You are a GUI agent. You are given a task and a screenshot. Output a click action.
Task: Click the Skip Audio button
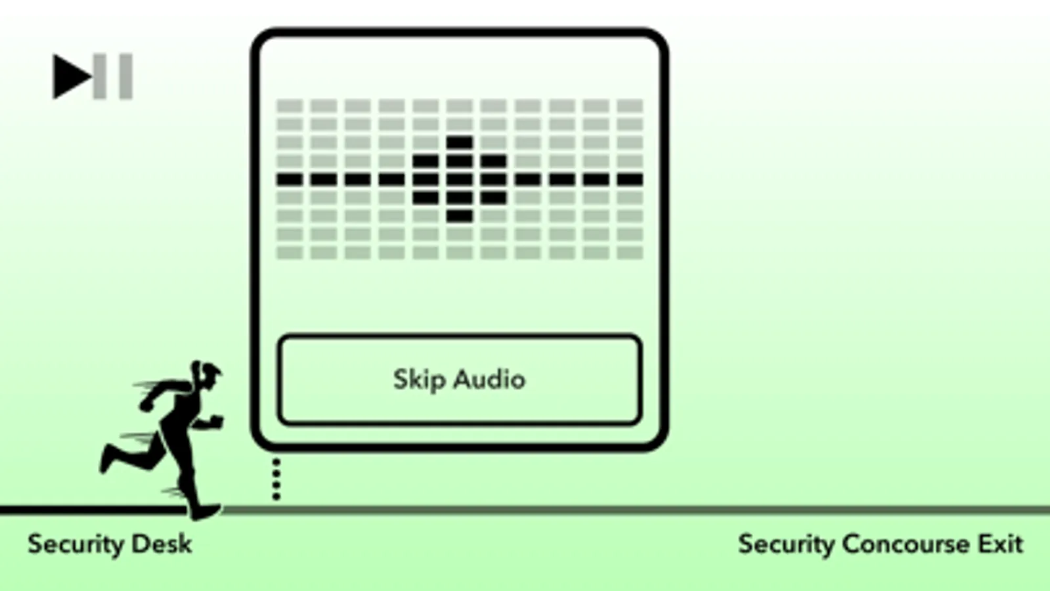coord(460,380)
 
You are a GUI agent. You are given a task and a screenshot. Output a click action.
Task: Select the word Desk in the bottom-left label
coord(162,544)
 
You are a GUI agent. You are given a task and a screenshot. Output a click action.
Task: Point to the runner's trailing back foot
coord(107,458)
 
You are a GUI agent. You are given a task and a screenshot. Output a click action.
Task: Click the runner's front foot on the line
coord(206,512)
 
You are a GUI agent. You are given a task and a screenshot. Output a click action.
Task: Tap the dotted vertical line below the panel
coord(276,479)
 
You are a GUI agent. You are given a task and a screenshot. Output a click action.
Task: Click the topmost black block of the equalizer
coord(460,142)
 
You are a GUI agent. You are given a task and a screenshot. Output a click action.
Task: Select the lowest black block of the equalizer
coord(460,216)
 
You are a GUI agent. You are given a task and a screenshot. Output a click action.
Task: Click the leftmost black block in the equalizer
coord(290,179)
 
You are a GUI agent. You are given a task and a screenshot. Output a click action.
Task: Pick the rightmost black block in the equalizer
coord(630,179)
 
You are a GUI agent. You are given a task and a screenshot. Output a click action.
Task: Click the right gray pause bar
coord(125,76)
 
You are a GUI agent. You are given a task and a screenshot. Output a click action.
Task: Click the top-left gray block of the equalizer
coord(290,106)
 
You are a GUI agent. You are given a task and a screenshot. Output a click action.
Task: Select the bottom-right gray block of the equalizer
coord(630,253)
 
